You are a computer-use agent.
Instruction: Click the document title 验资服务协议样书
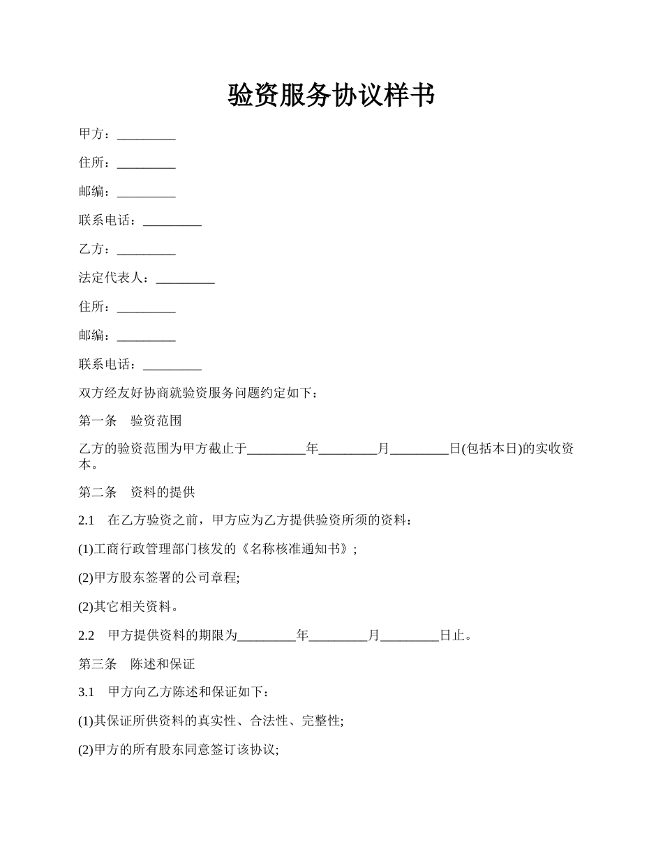click(x=331, y=96)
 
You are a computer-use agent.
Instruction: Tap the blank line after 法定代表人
click(x=185, y=278)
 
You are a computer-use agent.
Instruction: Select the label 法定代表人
click(x=113, y=278)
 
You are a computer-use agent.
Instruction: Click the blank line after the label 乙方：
click(x=146, y=250)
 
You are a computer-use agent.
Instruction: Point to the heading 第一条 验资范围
click(x=131, y=421)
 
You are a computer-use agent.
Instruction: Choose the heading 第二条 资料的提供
click(x=137, y=492)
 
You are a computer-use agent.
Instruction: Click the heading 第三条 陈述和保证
click(x=137, y=664)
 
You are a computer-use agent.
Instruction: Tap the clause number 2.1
click(x=86, y=520)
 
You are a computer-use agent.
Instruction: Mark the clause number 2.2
click(x=86, y=635)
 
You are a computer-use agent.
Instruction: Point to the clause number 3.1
click(x=86, y=692)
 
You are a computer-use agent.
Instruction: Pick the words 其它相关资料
click(x=132, y=607)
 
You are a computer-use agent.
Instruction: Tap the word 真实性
click(x=209, y=721)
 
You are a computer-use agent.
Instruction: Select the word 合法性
click(x=269, y=721)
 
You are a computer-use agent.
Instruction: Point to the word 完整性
click(x=320, y=721)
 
